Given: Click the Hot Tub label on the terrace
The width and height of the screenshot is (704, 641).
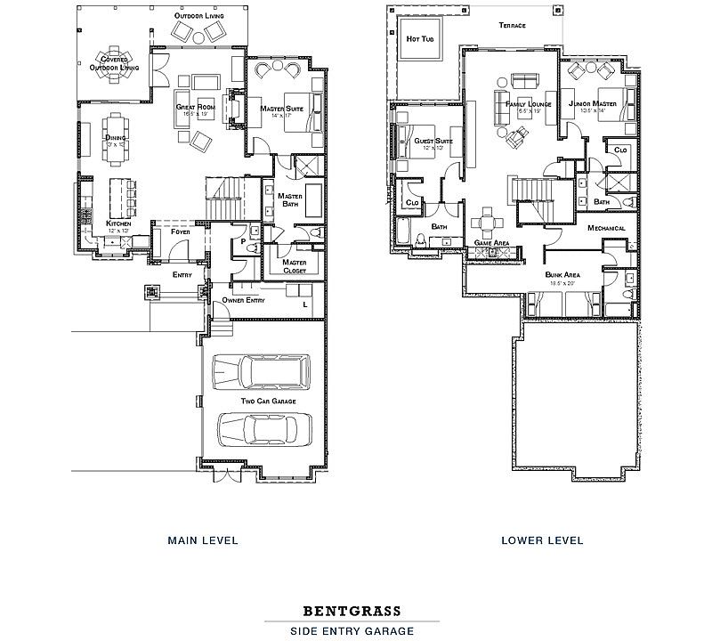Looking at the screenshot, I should point(418,39).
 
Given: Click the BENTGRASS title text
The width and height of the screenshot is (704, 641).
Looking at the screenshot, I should point(352,612).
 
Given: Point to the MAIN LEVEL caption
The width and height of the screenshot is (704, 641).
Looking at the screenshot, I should point(203,540).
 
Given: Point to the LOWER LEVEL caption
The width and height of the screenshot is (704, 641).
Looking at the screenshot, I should point(541,540).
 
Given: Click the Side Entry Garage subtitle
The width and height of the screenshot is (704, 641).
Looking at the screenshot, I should point(352,631).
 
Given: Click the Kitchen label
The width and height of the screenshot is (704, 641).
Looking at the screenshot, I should point(119,223).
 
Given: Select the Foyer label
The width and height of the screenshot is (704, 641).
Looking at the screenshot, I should point(181,231).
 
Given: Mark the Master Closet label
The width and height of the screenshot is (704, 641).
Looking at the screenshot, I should point(295,265).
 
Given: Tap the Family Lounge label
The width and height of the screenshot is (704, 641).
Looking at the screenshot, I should point(529,104).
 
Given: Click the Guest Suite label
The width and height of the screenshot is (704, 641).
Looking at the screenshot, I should point(433,141).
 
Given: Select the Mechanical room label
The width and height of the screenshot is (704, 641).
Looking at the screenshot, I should point(606,228).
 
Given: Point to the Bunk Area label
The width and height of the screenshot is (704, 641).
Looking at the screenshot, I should point(562,275).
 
